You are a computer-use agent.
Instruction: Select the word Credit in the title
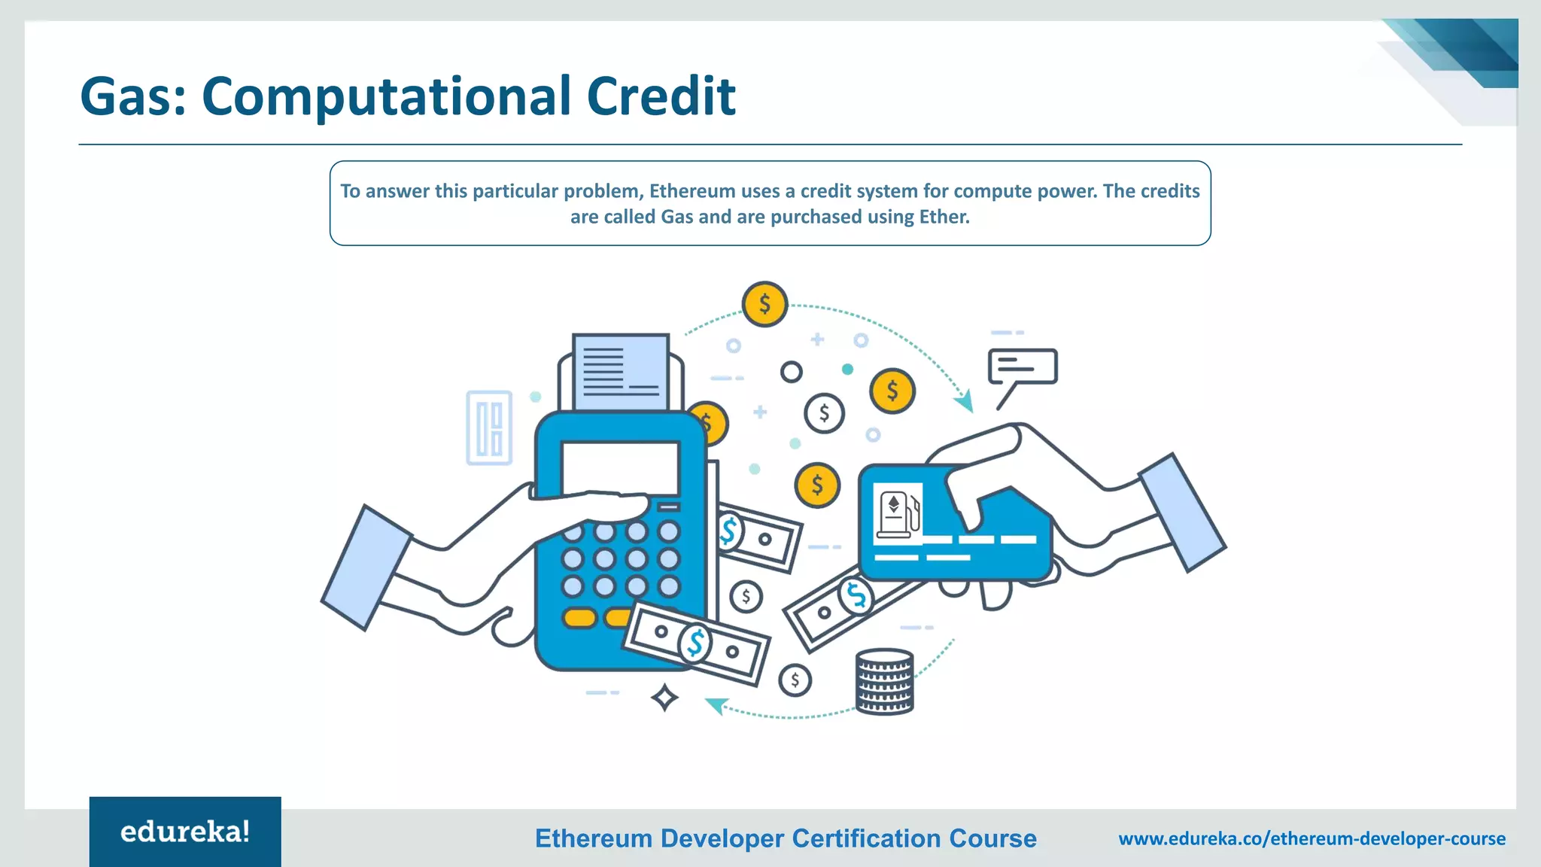pyautogui.click(x=661, y=96)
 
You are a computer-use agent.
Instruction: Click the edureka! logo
pyautogui.click(x=185, y=832)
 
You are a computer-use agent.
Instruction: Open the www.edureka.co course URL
pyautogui.click(x=1312, y=838)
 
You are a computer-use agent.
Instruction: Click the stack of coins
pyautogui.click(x=884, y=681)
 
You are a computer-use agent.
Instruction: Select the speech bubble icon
pyautogui.click(x=1022, y=367)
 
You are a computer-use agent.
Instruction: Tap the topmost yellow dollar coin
pyautogui.click(x=764, y=304)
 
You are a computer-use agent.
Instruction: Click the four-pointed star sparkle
pyautogui.click(x=664, y=698)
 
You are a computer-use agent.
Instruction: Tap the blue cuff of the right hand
pyautogui.click(x=1181, y=513)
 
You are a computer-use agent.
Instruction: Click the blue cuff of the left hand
pyautogui.click(x=366, y=567)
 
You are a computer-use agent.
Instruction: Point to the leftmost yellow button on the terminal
pyautogui.click(x=579, y=618)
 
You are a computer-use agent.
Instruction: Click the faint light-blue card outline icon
pyautogui.click(x=489, y=427)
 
